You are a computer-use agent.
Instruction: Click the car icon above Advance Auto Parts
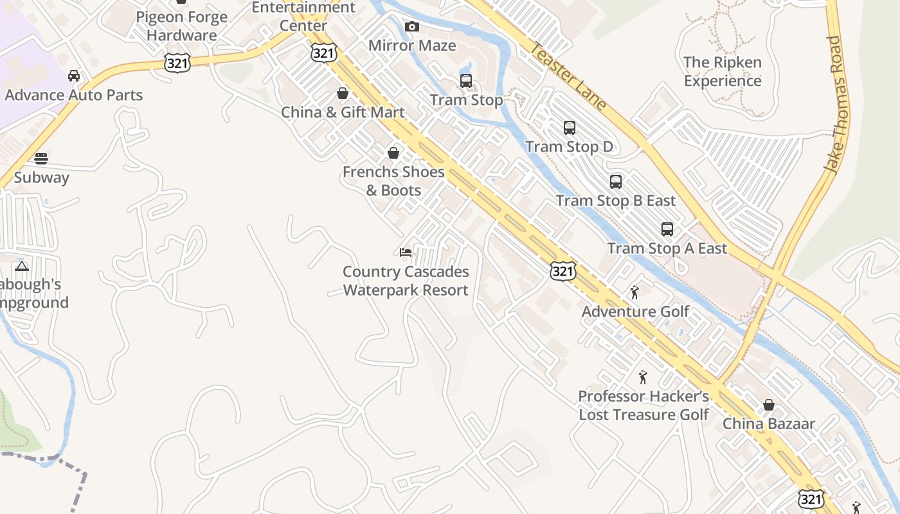[x=74, y=76]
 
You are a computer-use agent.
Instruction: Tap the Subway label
[x=41, y=177]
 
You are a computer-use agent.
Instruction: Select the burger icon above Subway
[x=41, y=158]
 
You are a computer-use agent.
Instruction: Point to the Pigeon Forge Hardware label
[x=182, y=26]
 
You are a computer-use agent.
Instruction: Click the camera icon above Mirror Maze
[x=412, y=27]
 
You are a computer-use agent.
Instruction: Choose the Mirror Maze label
[x=412, y=46]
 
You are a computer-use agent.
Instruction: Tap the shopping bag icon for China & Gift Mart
[x=343, y=94]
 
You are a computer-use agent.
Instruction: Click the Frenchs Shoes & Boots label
[x=393, y=181]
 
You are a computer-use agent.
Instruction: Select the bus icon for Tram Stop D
[x=570, y=128]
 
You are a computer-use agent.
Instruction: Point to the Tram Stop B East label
[x=616, y=200]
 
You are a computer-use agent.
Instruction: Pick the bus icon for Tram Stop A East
[x=667, y=229]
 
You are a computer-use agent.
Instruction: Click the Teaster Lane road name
[x=568, y=76]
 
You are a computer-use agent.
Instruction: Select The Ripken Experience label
[x=723, y=71]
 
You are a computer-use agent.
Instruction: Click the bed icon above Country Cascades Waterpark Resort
[x=406, y=253]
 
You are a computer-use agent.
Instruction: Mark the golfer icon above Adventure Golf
[x=635, y=293]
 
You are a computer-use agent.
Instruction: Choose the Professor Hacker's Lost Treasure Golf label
[x=643, y=405]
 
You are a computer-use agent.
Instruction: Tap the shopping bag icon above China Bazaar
[x=769, y=405]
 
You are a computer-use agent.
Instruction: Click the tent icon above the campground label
[x=22, y=266]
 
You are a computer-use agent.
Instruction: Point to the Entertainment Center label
[x=303, y=16]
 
